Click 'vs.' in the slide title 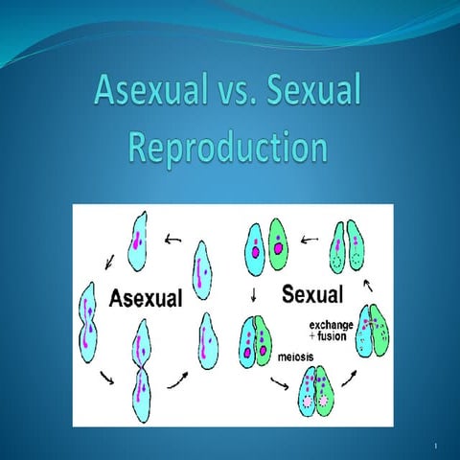coord(231,94)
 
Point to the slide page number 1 coord(435,446)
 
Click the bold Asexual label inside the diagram coord(145,298)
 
